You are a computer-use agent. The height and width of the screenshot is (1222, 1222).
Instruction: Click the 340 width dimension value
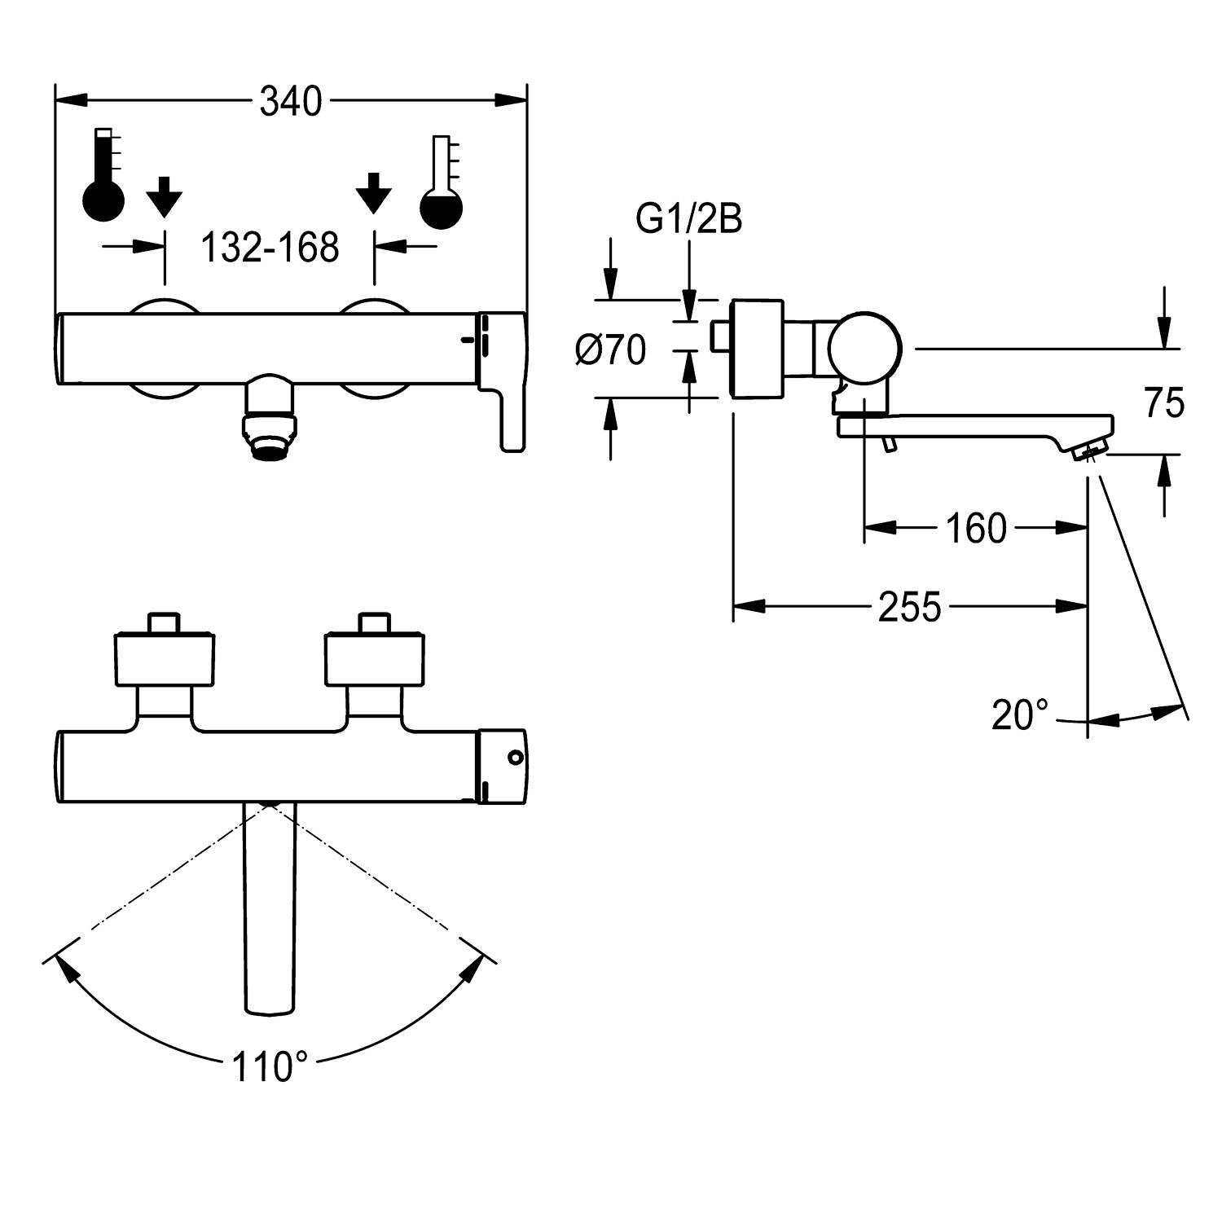(291, 102)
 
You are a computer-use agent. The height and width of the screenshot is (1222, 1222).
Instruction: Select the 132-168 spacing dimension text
(270, 247)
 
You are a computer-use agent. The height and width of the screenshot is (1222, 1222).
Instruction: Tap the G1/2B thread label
(688, 220)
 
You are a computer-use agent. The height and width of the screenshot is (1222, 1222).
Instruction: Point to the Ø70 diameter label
(611, 350)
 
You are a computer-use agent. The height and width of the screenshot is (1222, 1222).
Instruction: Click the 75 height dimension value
(1164, 403)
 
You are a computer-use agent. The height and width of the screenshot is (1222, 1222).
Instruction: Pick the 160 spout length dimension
(976, 529)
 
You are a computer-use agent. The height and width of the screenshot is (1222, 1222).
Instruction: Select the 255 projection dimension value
(909, 607)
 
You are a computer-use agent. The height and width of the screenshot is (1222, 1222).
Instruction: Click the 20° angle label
(1020, 715)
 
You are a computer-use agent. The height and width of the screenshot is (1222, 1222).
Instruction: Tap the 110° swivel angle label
(270, 1066)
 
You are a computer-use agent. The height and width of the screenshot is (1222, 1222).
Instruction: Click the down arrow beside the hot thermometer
(165, 196)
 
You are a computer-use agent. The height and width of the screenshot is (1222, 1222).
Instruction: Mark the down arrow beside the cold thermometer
(374, 193)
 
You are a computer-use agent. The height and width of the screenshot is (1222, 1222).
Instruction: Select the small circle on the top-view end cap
(514, 758)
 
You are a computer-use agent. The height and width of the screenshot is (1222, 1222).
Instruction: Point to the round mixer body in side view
(864, 348)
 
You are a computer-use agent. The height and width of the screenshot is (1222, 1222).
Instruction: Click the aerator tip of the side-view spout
(1090, 451)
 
